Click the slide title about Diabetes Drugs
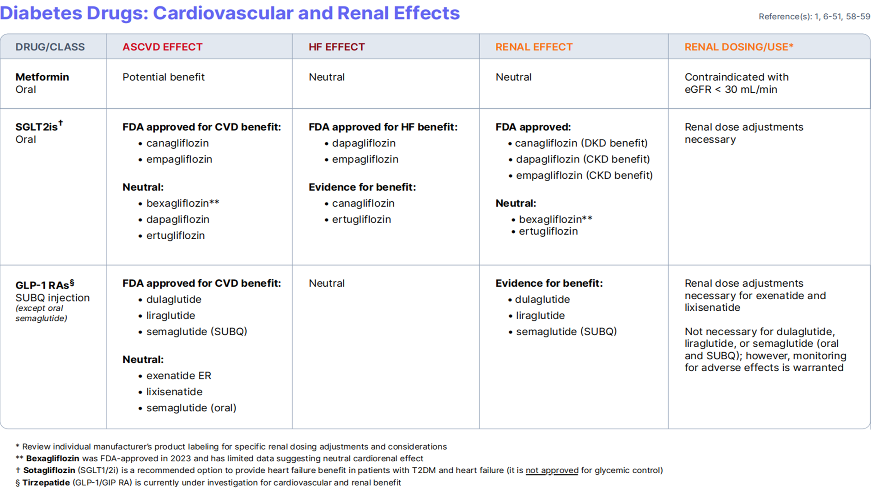coord(230,13)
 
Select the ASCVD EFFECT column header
coord(162,47)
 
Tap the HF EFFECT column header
coord(336,47)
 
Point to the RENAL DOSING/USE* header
coord(738,47)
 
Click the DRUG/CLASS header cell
coord(50,47)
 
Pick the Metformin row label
coord(42,77)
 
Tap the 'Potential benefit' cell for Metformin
coord(163,77)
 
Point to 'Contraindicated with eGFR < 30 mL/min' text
coord(736,84)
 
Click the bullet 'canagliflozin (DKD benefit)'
coord(581,143)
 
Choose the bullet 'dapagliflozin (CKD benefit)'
coord(583,159)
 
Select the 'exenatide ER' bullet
coord(178,376)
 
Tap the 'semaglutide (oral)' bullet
coord(191,408)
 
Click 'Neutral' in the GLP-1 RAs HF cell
coord(326,283)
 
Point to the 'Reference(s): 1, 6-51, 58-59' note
coord(814,17)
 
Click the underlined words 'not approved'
coord(552,470)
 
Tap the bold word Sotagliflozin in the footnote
coord(49,470)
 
